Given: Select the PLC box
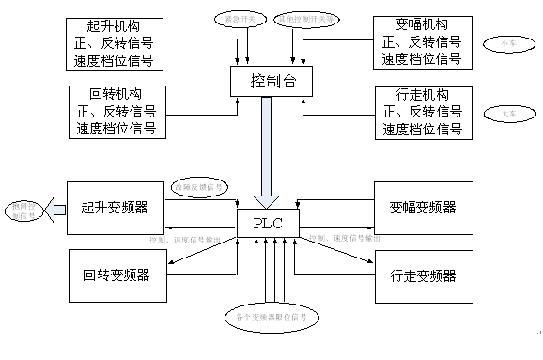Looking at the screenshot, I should coord(268,224).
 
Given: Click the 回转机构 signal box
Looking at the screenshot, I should coord(115,114).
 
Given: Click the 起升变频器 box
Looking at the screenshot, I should coord(115,207).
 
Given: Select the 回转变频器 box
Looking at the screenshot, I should coord(115,275).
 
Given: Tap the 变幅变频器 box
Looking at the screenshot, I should coord(422,207).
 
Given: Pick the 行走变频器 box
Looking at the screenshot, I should coord(422,275).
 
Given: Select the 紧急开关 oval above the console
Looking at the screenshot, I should coord(233,18).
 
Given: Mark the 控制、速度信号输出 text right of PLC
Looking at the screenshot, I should coord(344,240).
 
